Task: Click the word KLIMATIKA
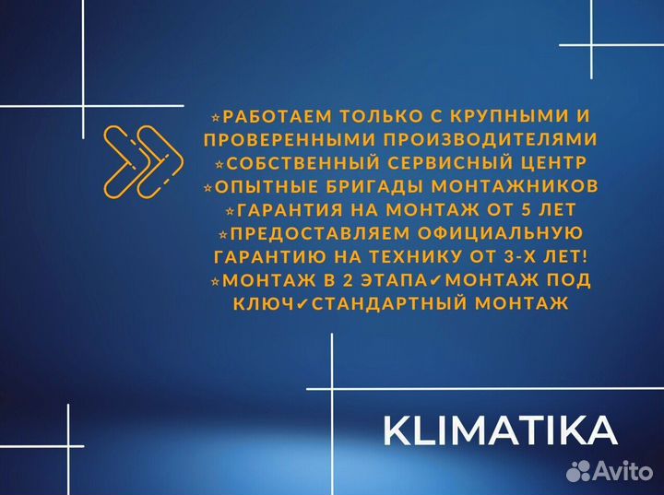(x=501, y=430)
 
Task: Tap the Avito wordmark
(x=626, y=472)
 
